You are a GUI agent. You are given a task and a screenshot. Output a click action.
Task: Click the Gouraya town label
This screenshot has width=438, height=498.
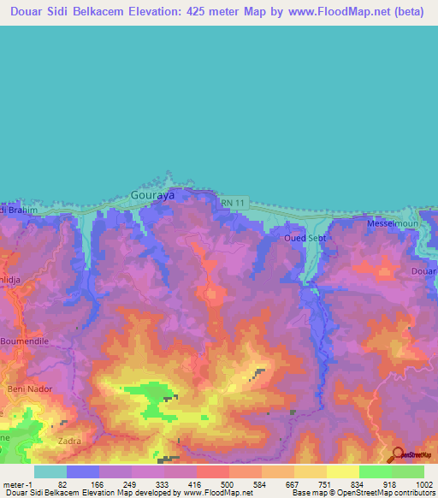tap(151, 195)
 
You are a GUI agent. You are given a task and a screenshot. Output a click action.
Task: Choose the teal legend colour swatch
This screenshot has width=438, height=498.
tap(50, 471)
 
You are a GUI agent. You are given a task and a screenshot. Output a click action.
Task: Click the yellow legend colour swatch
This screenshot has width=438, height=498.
tap(343, 471)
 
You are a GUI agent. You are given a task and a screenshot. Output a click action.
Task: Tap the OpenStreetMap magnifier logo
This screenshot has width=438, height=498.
tap(398, 454)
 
